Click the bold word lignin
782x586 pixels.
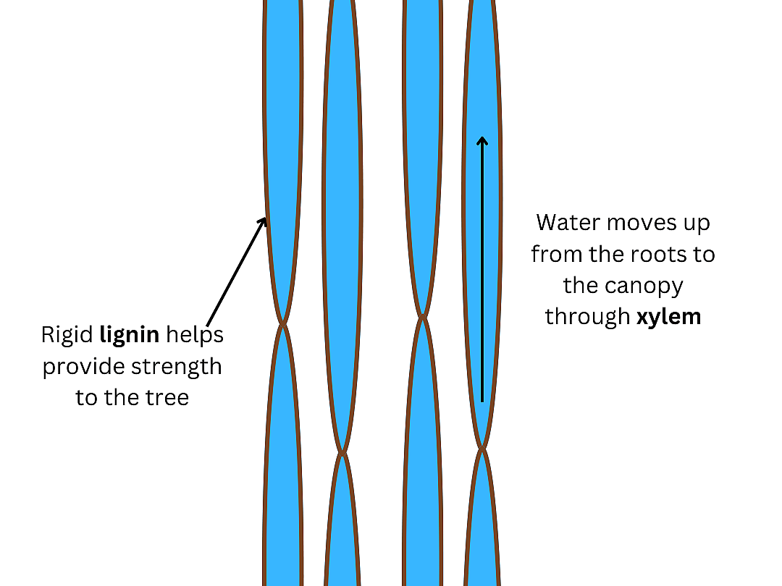pos(130,335)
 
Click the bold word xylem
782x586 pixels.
pos(668,317)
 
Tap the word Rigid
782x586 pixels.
pos(67,335)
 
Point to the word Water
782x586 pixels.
pos(568,222)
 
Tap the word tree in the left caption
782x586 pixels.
pos(167,397)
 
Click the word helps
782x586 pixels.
pos(195,335)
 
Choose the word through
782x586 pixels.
pos(588,317)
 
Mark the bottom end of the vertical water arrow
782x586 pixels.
pos(482,400)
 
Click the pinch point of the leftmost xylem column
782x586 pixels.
pos(284,323)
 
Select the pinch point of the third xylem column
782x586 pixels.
pos(421,316)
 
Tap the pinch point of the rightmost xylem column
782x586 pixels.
pos(482,449)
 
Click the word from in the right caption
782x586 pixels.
pos(551,254)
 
